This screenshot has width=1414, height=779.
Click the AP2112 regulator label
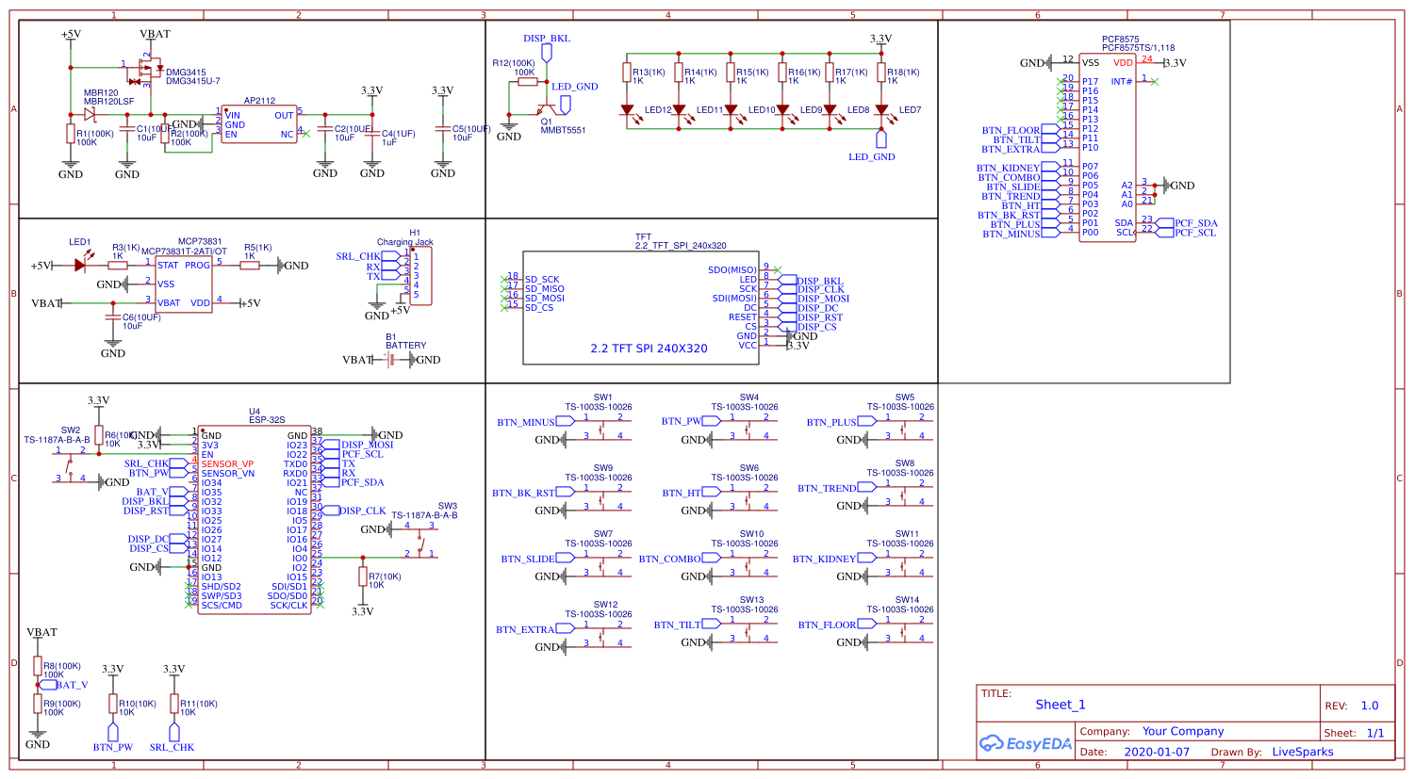click(x=259, y=101)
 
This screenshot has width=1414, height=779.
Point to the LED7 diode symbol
click(x=881, y=110)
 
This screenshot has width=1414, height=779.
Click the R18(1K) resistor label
click(x=902, y=73)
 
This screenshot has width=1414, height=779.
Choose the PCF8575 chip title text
click(x=1121, y=41)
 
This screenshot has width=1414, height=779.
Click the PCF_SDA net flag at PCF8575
click(x=1195, y=223)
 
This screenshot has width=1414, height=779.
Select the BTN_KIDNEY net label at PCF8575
click(x=1008, y=168)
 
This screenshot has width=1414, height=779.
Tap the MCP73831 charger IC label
click(x=200, y=242)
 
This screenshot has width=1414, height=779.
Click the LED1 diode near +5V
click(x=80, y=266)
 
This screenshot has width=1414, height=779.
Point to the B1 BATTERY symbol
click(x=391, y=360)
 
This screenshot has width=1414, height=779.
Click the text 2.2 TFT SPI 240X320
click(x=649, y=349)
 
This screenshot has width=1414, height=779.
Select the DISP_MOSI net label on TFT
click(x=823, y=299)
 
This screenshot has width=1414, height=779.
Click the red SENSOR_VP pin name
click(x=227, y=464)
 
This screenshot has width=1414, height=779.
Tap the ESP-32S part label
click(x=267, y=420)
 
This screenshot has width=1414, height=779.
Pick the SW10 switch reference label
click(x=751, y=534)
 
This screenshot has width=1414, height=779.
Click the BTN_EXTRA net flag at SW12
click(x=525, y=629)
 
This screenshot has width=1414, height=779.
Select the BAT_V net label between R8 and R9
click(x=72, y=685)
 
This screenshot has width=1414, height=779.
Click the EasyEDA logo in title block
click(x=1026, y=743)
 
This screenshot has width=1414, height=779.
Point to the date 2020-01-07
click(x=1157, y=752)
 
